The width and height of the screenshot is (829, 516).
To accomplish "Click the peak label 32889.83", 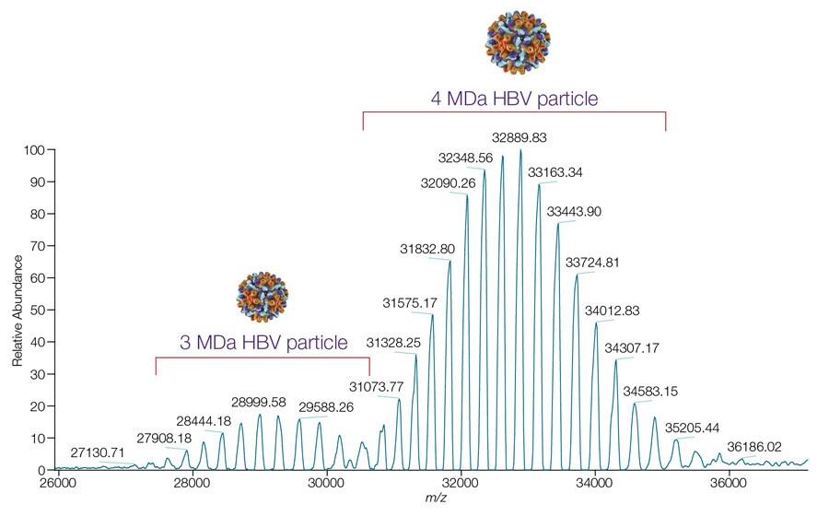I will (520, 137).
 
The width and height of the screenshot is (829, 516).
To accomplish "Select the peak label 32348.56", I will (466, 158).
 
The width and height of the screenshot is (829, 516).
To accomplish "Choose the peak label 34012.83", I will (613, 310).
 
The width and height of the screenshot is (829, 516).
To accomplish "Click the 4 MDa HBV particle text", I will (515, 97).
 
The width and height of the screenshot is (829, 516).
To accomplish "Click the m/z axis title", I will (431, 498).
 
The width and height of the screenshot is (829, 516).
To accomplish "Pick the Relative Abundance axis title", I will (18, 310).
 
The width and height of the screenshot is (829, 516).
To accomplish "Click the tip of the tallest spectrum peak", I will (520, 150).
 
